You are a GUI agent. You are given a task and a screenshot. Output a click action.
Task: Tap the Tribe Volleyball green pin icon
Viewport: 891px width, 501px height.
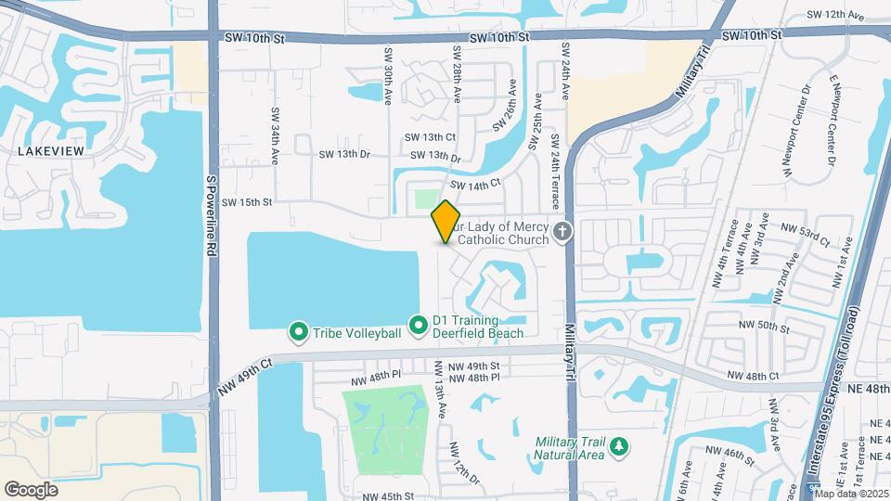coord(299,331)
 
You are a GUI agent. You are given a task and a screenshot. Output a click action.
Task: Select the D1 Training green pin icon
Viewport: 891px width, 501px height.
coord(419,325)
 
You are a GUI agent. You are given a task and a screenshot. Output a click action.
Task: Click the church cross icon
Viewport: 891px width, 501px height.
coord(562,231)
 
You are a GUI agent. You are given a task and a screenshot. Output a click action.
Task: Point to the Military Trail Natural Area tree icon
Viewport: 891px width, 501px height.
coord(618,449)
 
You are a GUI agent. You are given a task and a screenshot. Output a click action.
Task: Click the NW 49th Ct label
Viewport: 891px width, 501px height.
coord(244,376)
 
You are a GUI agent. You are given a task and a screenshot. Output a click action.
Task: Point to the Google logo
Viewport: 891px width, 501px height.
coord(32,489)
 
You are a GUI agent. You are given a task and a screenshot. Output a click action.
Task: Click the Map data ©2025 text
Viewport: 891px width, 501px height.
coord(851,493)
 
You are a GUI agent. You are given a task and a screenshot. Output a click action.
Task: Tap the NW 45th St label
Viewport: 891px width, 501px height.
coord(388,496)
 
